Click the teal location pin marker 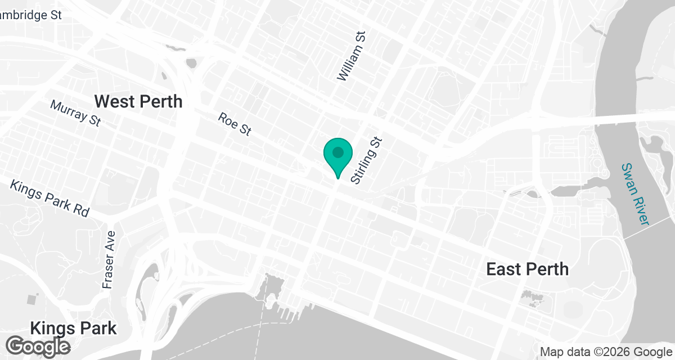click(337, 157)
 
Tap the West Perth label click(138, 101)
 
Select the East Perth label click(527, 269)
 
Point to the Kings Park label click(74, 328)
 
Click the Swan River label click(635, 194)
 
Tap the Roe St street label click(235, 124)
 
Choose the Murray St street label click(75, 113)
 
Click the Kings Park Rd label click(50, 199)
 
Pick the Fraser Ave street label click(109, 260)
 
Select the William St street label click(352, 56)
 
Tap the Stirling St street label click(366, 161)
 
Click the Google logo click(39, 346)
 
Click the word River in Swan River click(640, 209)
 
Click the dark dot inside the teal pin click(337, 152)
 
